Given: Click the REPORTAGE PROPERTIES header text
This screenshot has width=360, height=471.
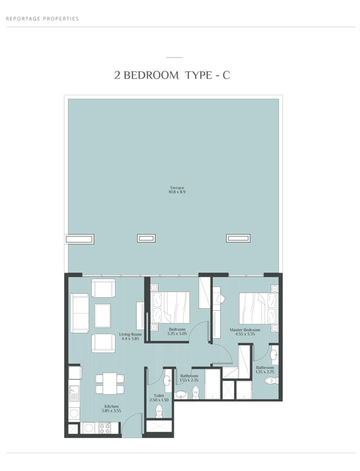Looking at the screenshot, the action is click(42, 19).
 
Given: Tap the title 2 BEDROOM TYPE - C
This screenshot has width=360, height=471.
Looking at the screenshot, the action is click(172, 75).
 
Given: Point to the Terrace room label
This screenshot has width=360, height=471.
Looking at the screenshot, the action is click(177, 188).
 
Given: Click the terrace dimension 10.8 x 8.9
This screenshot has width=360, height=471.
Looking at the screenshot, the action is click(177, 192).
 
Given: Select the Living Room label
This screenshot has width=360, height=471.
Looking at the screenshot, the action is click(130, 334).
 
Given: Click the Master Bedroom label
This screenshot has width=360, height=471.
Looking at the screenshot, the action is click(245, 330).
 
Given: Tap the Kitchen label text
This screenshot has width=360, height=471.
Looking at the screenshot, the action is click(111, 407).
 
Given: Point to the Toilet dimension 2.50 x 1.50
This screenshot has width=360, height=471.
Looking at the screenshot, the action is click(159, 400).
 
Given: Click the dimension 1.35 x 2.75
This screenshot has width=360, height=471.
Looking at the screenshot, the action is click(265, 372).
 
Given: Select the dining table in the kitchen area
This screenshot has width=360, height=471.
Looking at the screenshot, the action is click(110, 383).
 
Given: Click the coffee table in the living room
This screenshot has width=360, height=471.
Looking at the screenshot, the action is click(103, 316).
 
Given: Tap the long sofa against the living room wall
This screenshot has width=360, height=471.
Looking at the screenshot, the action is click(80, 313).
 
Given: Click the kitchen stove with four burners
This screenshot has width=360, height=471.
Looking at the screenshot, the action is click(105, 428).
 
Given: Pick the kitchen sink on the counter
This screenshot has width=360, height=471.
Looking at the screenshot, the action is click(74, 393).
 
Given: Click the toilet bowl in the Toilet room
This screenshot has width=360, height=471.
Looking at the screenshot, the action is click(159, 410).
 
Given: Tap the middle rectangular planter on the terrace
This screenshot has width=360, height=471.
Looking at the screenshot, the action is click(146, 239).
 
